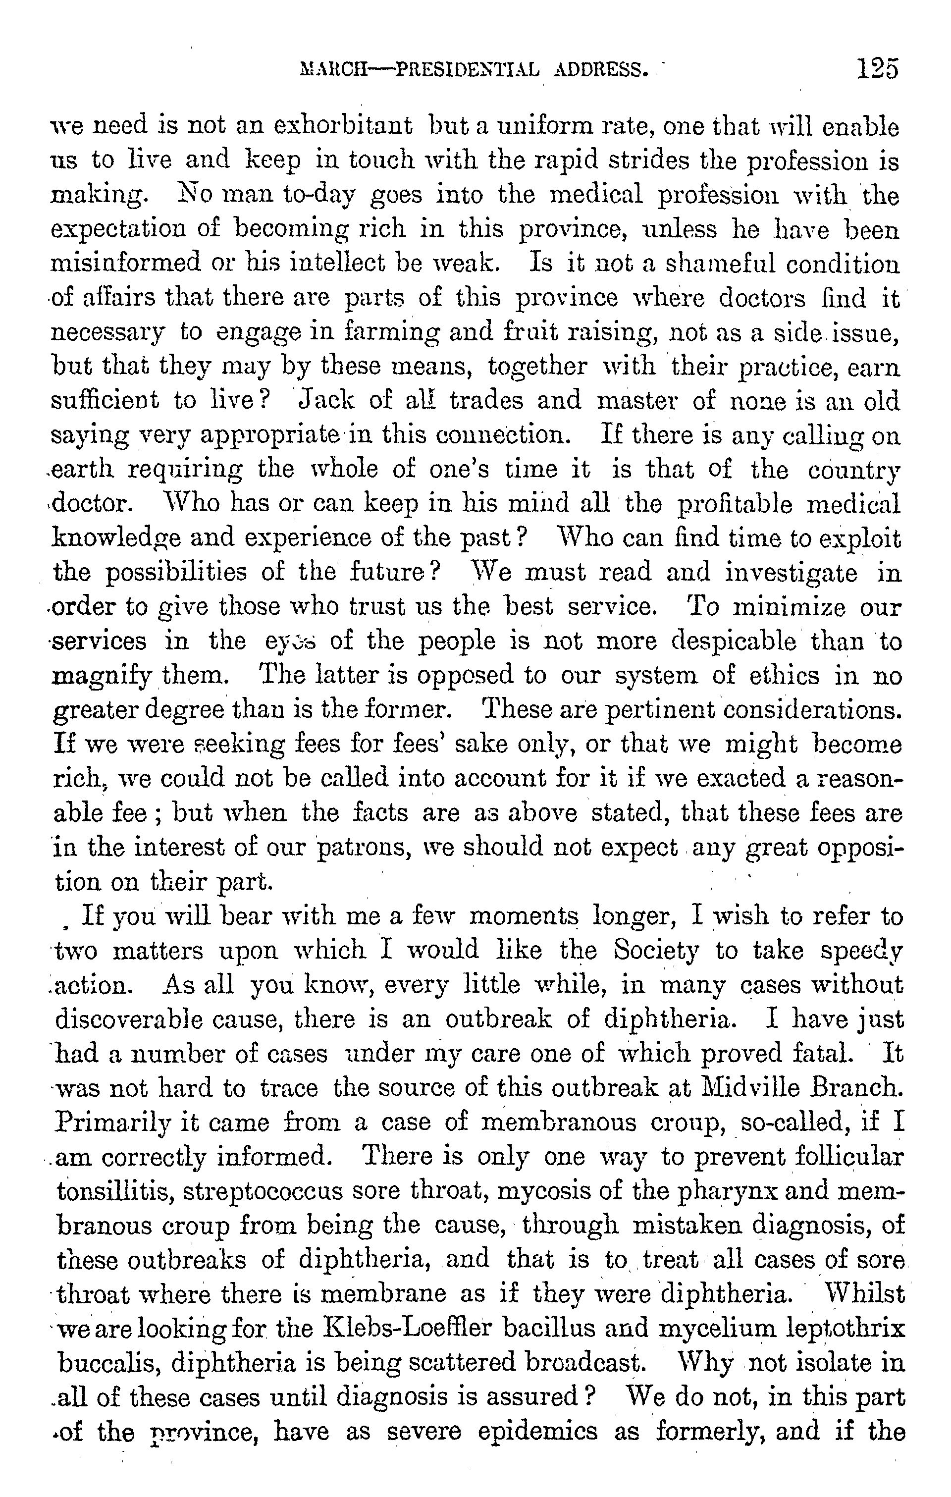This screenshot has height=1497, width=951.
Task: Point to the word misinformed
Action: click(125, 263)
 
